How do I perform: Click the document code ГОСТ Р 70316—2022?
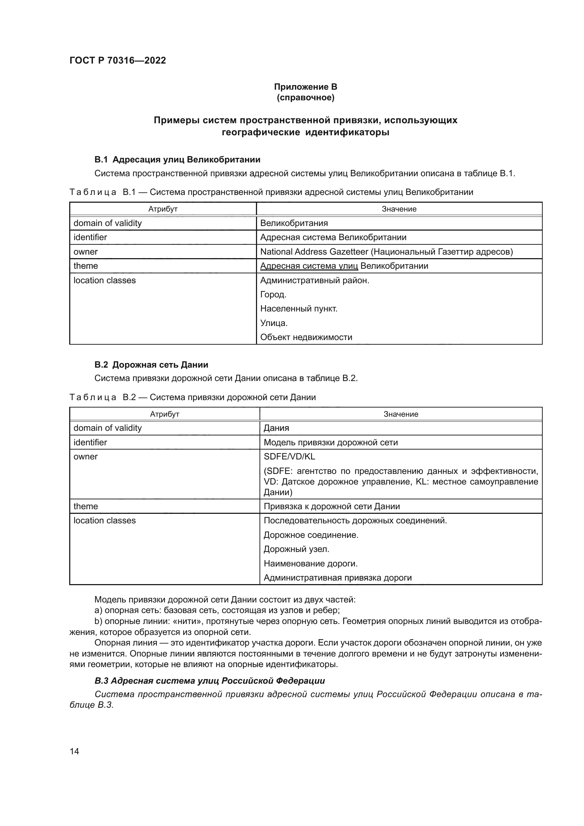tap(118, 60)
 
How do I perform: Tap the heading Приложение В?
tap(305, 87)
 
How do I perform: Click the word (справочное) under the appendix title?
tap(305, 97)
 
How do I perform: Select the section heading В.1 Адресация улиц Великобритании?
tap(177, 159)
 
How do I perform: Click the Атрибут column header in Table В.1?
tap(163, 209)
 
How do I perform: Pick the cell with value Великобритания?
tap(294, 223)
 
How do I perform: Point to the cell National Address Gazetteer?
tap(386, 251)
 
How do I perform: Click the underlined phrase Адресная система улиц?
tap(309, 266)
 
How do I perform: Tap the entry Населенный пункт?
tap(298, 309)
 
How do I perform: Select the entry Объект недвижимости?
tap(306, 337)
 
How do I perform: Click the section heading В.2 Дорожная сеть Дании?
tap(151, 365)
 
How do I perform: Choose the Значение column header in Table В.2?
tap(401, 414)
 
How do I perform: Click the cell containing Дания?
tap(276, 428)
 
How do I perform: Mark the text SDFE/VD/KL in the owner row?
tap(289, 457)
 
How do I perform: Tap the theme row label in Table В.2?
tap(85, 506)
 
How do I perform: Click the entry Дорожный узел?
tap(296, 549)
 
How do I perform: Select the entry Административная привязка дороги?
tap(337, 577)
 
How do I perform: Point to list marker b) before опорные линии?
tap(98, 621)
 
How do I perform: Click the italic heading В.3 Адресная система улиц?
tap(210, 681)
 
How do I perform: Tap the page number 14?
tap(75, 751)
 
